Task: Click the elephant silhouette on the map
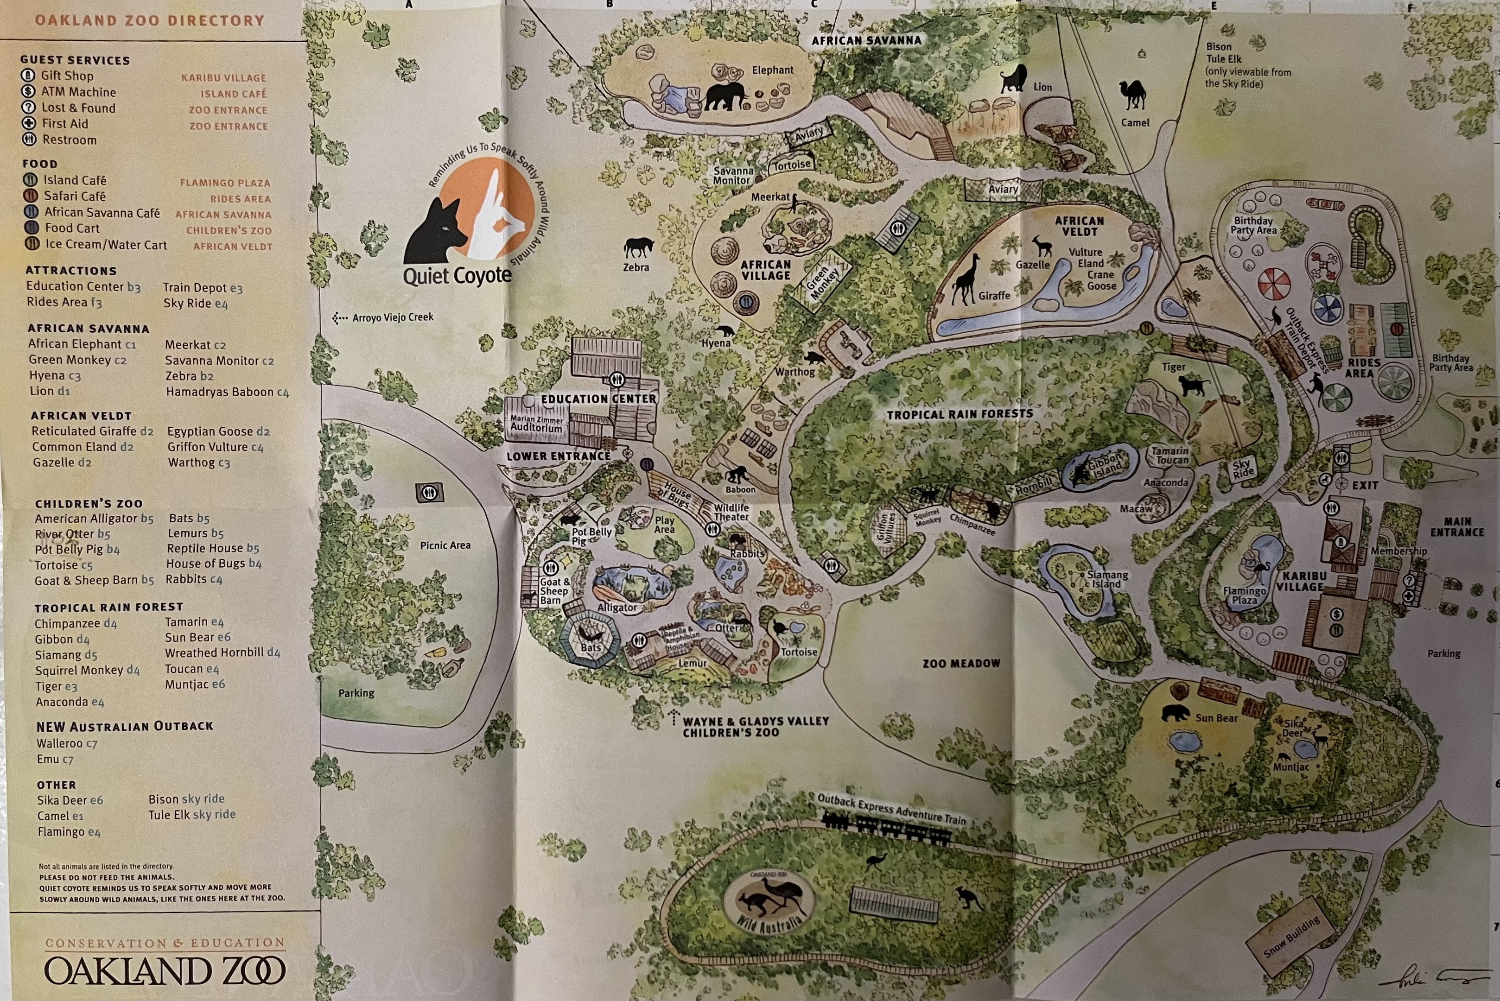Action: tap(725, 97)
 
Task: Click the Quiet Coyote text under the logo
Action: tap(457, 276)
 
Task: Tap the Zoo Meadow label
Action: tap(961, 663)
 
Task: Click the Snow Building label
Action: tap(1292, 937)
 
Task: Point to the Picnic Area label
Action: tap(445, 545)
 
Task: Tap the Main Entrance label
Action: tap(1457, 526)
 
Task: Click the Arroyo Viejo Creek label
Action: tap(392, 317)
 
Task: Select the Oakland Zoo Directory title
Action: tap(149, 20)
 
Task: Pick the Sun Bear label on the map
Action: tap(1216, 718)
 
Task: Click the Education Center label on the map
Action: tap(598, 399)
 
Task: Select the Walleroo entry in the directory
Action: tap(59, 743)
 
